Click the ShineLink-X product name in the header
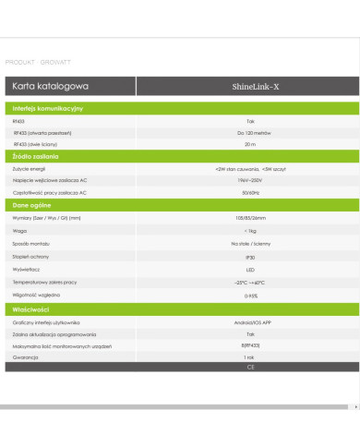[247, 86]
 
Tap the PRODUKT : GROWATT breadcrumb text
[33, 59]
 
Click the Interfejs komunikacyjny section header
[49, 109]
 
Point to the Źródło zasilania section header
[36, 158]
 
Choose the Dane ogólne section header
[33, 206]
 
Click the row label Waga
[18, 230]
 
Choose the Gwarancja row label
[26, 356]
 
